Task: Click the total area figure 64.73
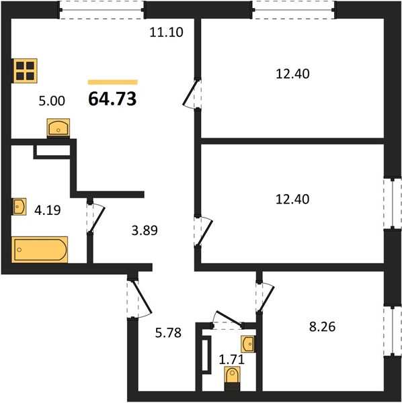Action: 112,99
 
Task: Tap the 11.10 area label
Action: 167,32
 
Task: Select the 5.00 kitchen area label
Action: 52,101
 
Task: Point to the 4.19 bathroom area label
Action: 48,210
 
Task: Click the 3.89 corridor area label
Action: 145,230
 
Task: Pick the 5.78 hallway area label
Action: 168,332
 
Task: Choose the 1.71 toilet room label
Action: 231,359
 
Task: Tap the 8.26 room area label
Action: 322,327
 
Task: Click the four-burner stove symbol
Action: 25,71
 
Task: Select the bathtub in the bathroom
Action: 40,250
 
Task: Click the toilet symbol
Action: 232,379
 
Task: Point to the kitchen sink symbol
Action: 58,128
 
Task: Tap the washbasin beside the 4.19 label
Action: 19,206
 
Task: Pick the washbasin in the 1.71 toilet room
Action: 248,344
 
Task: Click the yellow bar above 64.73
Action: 113,82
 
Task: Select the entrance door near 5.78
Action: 139,298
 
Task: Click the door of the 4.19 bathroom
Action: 95,217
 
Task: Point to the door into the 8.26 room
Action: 265,298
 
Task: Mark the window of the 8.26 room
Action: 393,331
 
